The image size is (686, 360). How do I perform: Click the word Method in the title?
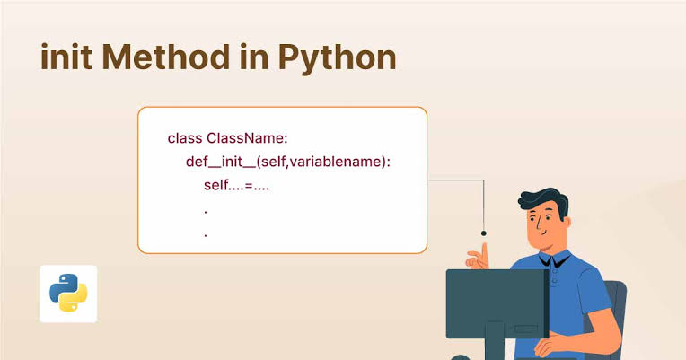(166, 57)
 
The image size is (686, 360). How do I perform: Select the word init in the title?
(66, 57)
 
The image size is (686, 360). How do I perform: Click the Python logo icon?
(68, 294)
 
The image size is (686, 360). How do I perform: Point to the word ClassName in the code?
(247, 138)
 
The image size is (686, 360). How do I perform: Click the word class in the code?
(185, 138)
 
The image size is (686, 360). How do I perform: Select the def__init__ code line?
(288, 162)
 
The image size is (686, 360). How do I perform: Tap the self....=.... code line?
(236, 185)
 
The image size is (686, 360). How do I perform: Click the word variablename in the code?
(336, 162)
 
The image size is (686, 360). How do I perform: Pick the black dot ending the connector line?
(483, 233)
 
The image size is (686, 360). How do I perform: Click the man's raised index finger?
(484, 251)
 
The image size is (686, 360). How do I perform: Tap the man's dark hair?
(545, 201)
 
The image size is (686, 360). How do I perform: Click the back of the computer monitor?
(497, 303)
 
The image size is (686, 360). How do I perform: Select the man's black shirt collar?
(554, 260)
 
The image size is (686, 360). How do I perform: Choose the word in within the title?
(254, 57)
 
